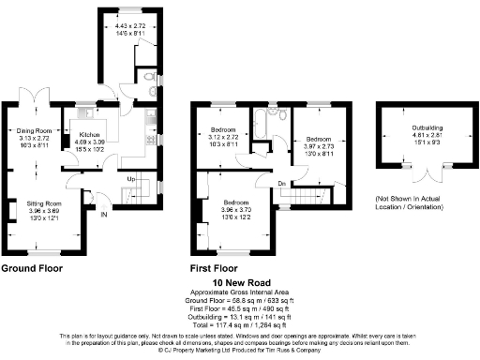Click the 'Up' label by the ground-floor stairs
131,179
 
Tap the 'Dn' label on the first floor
281,183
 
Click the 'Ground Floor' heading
33,268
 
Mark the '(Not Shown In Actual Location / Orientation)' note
413,203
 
